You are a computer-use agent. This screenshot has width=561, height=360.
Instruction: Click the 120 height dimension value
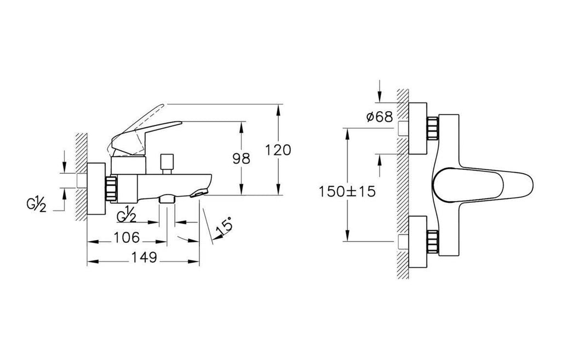[x=278, y=150]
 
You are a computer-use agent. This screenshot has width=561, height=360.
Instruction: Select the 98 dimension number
[x=242, y=158]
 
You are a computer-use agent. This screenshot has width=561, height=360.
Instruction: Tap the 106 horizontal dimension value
[x=127, y=237]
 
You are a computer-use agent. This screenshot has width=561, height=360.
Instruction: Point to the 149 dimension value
[x=144, y=257]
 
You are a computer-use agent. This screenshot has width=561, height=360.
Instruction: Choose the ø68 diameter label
[x=380, y=117]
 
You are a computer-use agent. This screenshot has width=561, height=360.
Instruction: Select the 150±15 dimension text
[x=347, y=192]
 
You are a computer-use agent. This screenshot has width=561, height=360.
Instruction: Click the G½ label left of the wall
[x=36, y=205]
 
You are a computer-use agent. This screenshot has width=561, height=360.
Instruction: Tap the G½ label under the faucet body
[x=127, y=215]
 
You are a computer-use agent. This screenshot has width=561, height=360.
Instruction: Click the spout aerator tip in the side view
[x=198, y=193]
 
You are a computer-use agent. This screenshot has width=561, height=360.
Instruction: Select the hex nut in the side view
[x=111, y=188]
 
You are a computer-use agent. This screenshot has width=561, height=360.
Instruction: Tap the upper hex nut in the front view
[x=433, y=129]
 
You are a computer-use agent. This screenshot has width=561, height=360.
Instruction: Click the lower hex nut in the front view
[x=433, y=242]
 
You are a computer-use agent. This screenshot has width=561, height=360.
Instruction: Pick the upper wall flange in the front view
[x=417, y=128]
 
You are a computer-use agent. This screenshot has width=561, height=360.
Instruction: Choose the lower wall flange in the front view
[x=417, y=242]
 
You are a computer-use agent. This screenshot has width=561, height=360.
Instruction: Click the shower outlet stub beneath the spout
[x=167, y=199]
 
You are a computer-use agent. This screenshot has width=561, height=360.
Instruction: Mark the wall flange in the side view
[x=96, y=188]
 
